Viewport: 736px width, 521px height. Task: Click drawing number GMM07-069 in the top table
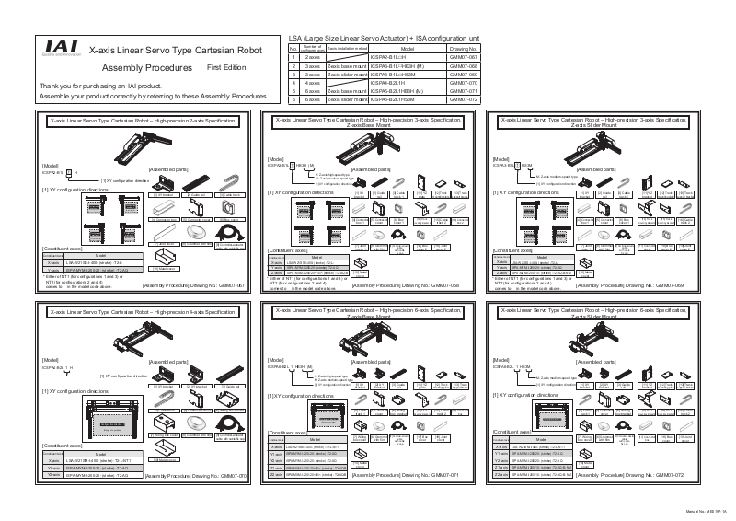[463, 75]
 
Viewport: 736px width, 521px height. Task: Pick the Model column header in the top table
[407, 49]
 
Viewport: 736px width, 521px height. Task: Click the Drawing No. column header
[463, 49]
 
